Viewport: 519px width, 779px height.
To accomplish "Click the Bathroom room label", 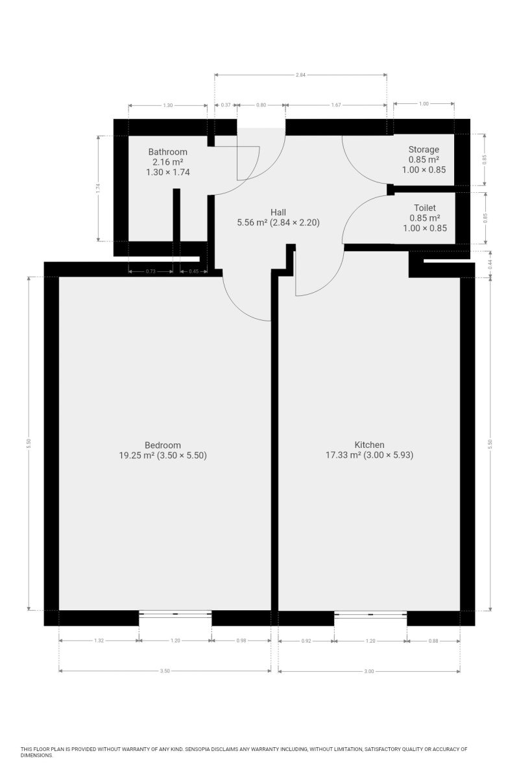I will click(x=167, y=152).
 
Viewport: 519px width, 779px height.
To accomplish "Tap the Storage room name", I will click(x=424, y=149).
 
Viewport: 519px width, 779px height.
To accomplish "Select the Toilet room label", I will click(x=425, y=208).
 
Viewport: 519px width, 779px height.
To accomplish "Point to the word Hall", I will click(x=278, y=212).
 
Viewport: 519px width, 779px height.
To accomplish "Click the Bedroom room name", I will click(x=162, y=445).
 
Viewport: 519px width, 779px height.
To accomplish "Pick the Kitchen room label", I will click(x=369, y=445).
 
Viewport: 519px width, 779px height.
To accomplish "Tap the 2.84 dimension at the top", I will click(x=300, y=75).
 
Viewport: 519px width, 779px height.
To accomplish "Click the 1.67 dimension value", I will click(x=336, y=105).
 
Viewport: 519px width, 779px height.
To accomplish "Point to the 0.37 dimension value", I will click(x=226, y=105).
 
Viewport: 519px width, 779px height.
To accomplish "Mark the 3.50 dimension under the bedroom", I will click(x=165, y=671).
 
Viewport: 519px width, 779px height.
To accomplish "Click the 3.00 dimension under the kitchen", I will click(x=369, y=671).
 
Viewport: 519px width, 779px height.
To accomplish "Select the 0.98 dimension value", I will click(x=241, y=641).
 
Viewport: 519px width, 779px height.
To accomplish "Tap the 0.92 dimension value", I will click(x=306, y=641).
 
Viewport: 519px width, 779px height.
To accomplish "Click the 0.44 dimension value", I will click(x=490, y=264).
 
